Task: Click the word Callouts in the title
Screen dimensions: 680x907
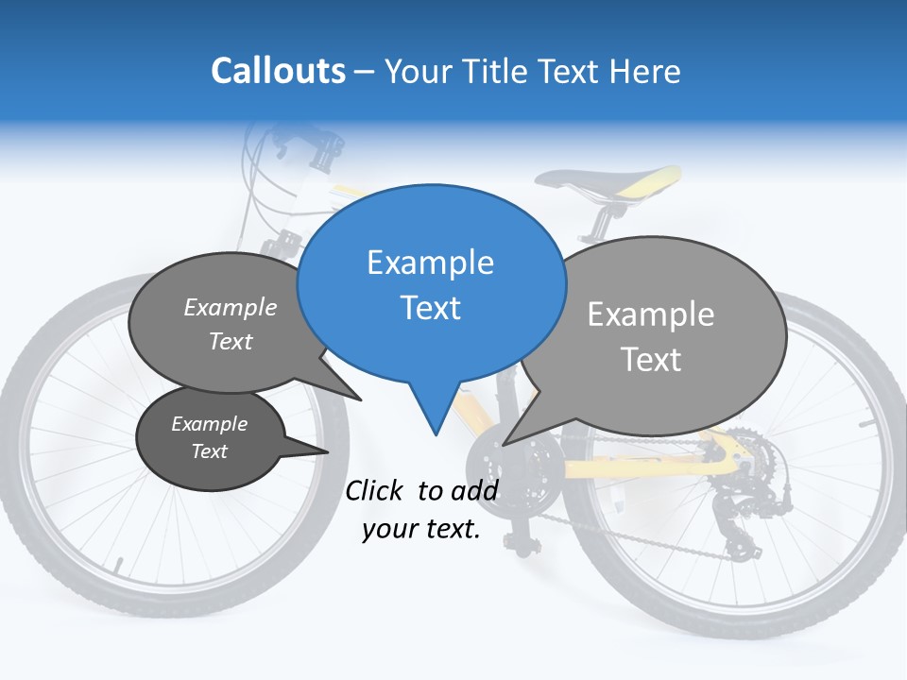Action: (x=278, y=71)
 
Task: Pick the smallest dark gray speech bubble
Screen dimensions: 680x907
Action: (x=210, y=437)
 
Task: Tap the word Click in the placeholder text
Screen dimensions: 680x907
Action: (x=376, y=490)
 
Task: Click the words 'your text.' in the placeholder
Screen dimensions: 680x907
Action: (x=421, y=529)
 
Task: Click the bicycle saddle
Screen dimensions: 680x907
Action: (x=614, y=178)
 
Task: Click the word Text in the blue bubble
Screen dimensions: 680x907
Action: (x=431, y=308)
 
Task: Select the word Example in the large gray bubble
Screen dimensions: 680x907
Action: (x=651, y=314)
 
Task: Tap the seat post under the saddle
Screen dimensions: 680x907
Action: (x=599, y=219)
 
